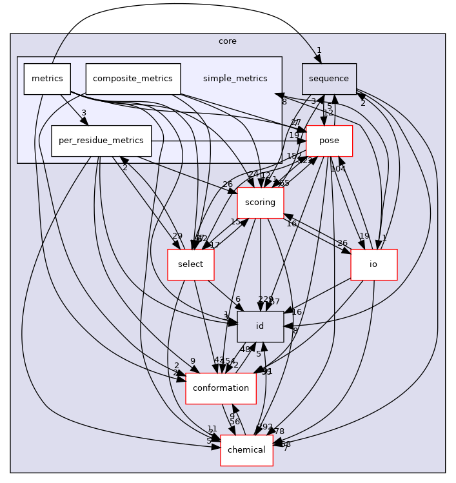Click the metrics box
tap(47, 79)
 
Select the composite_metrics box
tap(133, 79)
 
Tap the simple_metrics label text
tap(235, 79)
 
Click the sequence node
tap(329, 79)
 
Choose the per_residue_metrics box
tap(101, 141)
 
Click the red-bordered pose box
tap(329, 141)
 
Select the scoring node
tap(261, 202)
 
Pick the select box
tap(190, 264)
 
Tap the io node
tap(373, 264)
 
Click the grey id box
tap(261, 326)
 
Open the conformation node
tap(221, 388)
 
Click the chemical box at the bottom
tap(246, 449)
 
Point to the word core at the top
tap(228, 41)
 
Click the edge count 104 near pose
tap(338, 169)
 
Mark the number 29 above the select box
tap(177, 236)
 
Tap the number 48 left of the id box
tap(245, 350)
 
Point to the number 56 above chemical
tap(235, 422)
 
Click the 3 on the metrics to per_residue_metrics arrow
tap(83, 113)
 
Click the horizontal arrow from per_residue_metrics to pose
tap(226, 140)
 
